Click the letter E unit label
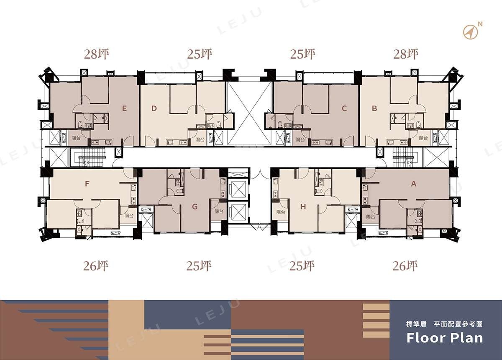coord(124,108)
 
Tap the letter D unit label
coord(154,108)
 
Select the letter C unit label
coord(344,108)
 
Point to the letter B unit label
coord(374,108)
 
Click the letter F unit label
coord(87,184)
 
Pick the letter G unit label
coord(195,206)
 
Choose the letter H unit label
coord(303,206)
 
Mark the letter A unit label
coord(414,184)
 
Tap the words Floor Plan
coord(445,338)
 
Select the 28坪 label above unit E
coord(97,54)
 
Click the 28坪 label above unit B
coord(406,54)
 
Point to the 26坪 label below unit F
coord(96,266)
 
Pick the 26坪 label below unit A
coord(405,266)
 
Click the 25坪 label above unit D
coord(200,54)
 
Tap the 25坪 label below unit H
coord(302,266)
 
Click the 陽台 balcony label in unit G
coord(219,211)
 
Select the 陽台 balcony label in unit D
coord(200,139)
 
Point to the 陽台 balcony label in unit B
coord(423,138)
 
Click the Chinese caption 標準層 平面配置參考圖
coord(444,324)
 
